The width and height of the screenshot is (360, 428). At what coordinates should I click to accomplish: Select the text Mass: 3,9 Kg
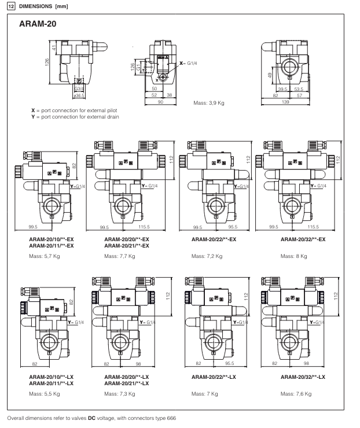coord(211,103)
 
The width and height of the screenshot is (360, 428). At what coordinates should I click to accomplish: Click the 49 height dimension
coord(270,76)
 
